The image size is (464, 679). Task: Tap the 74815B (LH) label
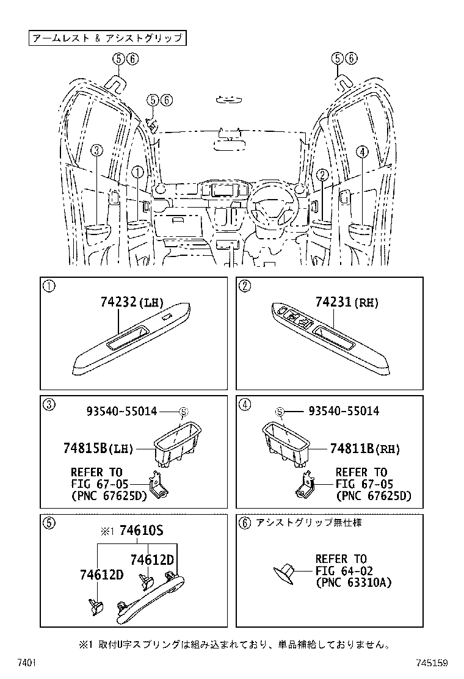point(97,449)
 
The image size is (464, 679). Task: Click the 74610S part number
point(141,531)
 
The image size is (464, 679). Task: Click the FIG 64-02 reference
point(341,571)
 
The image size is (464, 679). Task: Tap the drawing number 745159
point(433,663)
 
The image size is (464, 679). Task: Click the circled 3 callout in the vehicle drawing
point(98,152)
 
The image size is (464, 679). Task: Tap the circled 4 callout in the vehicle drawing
point(361,152)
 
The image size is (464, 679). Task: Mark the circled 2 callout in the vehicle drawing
point(319,174)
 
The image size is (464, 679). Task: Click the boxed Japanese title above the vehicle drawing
point(107,38)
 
